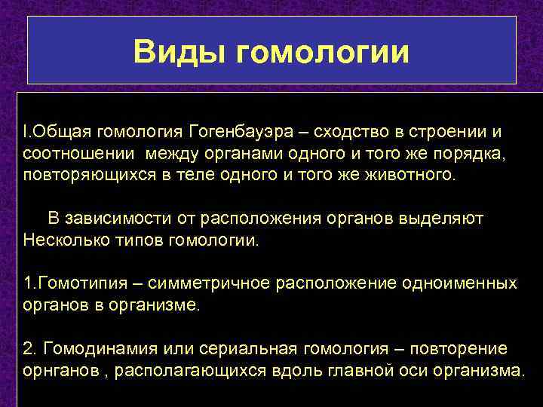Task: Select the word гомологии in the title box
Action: [323, 52]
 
